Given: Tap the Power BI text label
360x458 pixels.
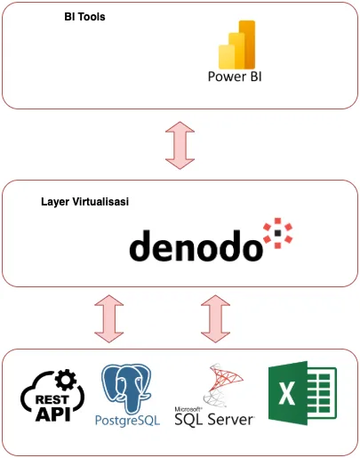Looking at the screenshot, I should click(235, 76).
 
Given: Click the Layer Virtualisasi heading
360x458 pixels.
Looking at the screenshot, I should click(85, 202).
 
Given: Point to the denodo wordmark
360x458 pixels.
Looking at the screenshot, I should click(196, 245).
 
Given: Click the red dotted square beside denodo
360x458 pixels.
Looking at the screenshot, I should click(277, 232).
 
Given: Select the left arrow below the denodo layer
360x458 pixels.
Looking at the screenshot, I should click(109, 317).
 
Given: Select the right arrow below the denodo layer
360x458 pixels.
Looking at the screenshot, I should click(215, 317).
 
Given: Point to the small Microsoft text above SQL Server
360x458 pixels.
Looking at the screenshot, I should click(188, 406).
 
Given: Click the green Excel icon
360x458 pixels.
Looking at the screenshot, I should click(301, 393).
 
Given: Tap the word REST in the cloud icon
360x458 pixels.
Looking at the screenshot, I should click(47, 400).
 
